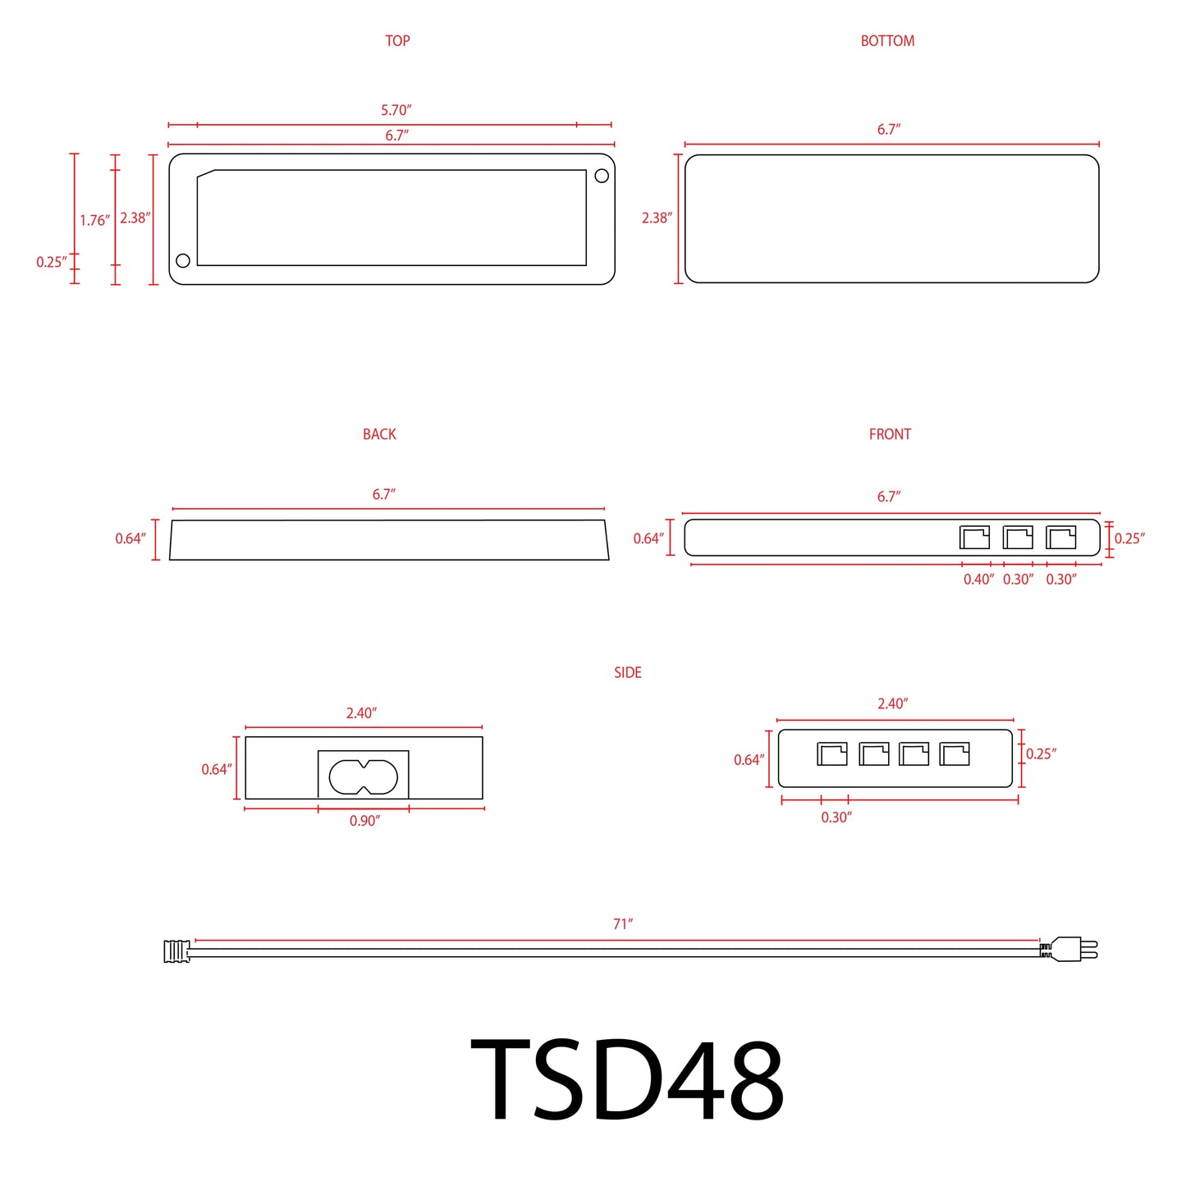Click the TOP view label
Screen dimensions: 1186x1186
(397, 41)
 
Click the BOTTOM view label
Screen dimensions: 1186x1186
(887, 41)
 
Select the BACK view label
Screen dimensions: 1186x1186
(379, 434)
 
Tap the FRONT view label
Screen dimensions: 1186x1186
(890, 434)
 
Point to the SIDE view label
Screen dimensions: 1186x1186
(627, 672)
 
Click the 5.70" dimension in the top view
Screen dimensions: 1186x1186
(396, 110)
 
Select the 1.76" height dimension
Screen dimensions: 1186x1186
(94, 220)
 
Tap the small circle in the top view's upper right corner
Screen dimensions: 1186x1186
(602, 176)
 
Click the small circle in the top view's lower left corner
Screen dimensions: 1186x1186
(183, 260)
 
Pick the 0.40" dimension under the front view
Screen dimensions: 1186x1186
(978, 579)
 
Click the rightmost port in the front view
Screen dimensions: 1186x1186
(1060, 538)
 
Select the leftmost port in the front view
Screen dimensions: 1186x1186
(974, 538)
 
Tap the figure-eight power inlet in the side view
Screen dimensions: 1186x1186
(364, 776)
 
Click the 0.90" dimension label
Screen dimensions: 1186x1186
(364, 821)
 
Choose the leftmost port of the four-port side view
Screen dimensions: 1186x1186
(831, 753)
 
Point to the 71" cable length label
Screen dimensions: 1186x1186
(623, 924)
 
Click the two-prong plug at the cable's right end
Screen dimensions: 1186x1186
(1070, 950)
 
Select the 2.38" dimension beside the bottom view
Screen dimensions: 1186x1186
(657, 218)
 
